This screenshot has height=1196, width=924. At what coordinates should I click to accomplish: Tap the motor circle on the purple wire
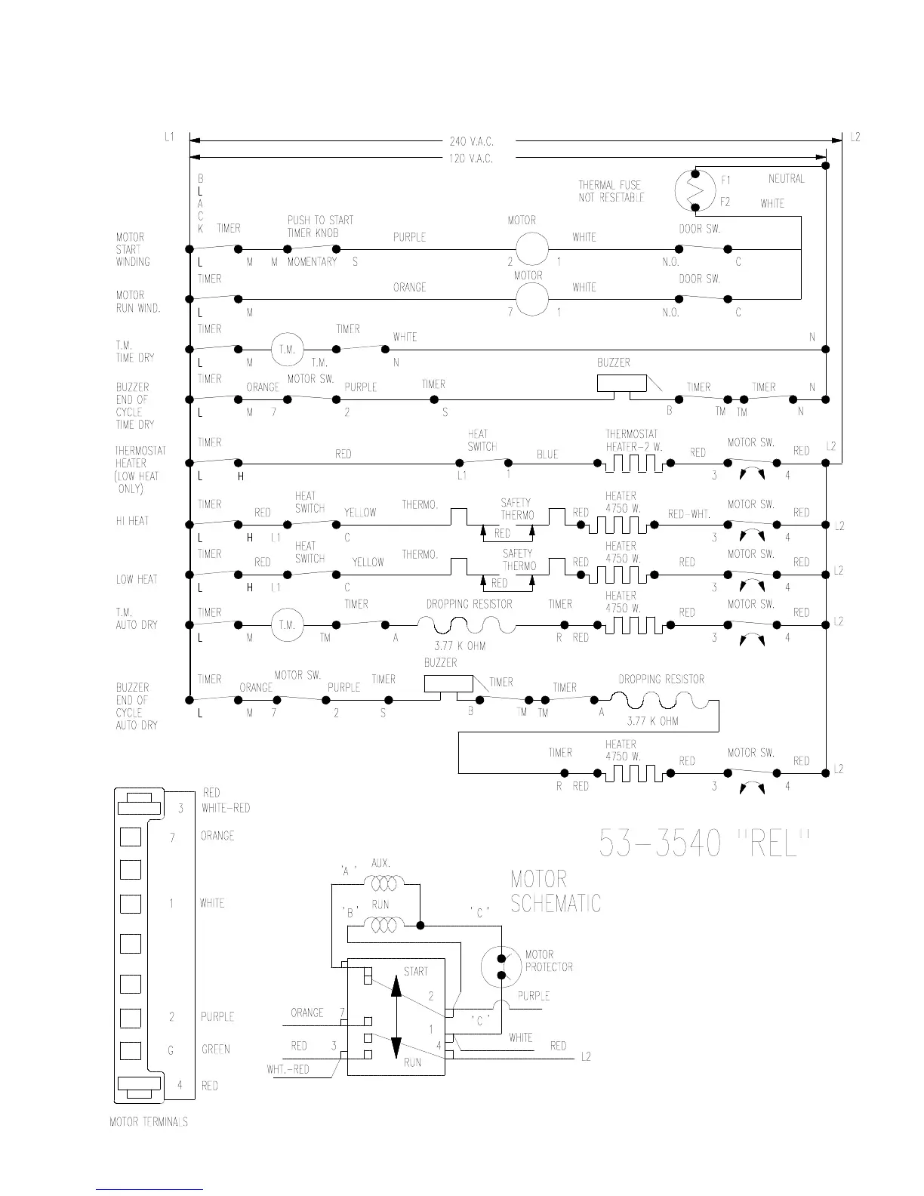coord(531,249)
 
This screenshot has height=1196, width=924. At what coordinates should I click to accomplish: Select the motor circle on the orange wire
coord(531,299)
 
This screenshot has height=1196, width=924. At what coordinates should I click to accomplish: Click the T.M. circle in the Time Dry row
coord(287,350)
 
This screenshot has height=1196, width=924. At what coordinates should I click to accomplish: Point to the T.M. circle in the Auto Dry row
coord(287,625)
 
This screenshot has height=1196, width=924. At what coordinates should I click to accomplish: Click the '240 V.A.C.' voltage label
coord(471,141)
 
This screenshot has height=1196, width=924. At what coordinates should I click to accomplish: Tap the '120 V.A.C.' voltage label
coord(471,159)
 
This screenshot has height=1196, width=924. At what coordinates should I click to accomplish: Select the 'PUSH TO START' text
coord(320,220)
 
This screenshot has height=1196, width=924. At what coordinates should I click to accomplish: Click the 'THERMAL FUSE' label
coord(610,185)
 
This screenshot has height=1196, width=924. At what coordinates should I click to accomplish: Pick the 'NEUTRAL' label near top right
coord(786,179)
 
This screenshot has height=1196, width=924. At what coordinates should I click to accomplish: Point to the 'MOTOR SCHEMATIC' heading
coord(556,891)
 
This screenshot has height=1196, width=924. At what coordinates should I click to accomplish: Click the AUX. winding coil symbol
coord(384,881)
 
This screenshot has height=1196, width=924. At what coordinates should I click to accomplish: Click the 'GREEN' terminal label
coord(216,1050)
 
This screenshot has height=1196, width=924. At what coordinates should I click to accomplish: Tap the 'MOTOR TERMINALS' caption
coord(149,1122)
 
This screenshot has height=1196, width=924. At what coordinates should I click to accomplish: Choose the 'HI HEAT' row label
coord(132,521)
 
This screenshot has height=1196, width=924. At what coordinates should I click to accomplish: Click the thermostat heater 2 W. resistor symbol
coord(634,463)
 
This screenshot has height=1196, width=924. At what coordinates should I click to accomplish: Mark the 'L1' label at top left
coord(169,137)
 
